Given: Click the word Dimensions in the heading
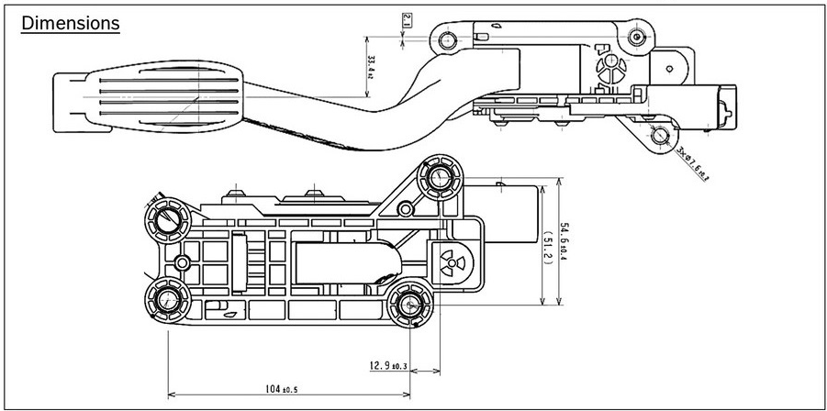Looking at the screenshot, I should [71, 23].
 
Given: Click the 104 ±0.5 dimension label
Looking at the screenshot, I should [283, 389].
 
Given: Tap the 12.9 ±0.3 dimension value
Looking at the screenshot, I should [388, 366].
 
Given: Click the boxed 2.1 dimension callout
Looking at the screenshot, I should [408, 19].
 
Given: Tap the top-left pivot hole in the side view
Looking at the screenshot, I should [447, 40].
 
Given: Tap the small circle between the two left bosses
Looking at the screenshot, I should [182, 263].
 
